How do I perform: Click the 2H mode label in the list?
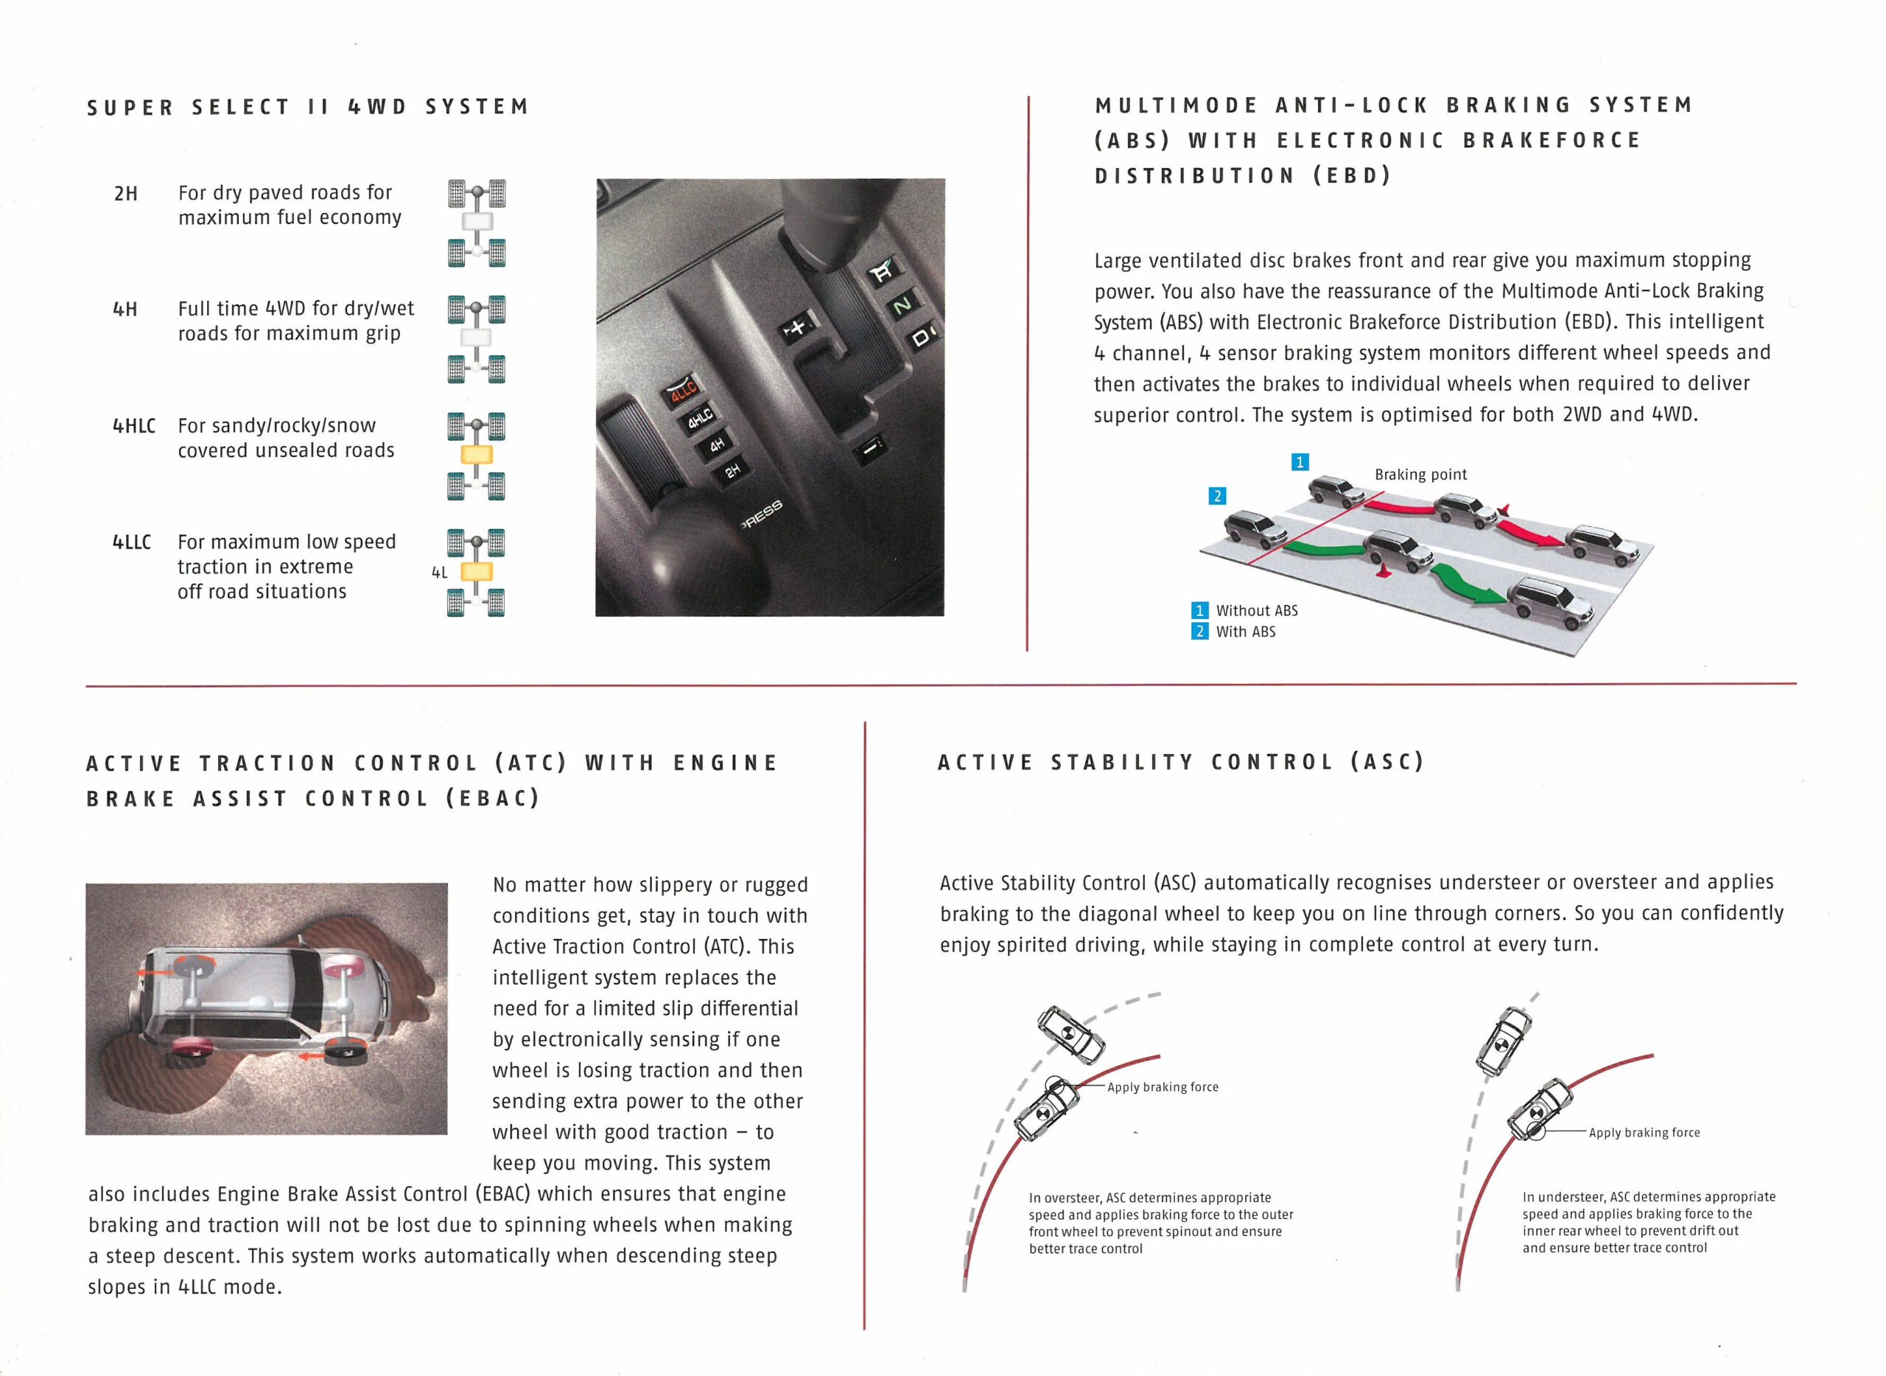point(126,194)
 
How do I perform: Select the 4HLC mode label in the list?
point(134,427)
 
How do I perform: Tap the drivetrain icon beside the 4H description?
point(476,339)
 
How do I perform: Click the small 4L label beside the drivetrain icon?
point(440,572)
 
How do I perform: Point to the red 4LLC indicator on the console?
point(683,390)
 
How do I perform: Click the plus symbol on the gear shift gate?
point(797,326)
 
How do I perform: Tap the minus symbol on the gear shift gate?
point(869,449)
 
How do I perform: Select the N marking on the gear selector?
point(902,305)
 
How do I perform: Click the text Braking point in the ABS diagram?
point(1420,475)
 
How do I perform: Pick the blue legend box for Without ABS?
point(1199,610)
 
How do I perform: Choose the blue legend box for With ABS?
point(1199,632)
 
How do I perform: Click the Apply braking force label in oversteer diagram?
point(1163,1087)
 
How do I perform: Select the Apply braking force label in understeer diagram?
point(1644,1133)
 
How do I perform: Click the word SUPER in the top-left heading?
point(130,108)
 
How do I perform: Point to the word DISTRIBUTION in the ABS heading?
point(1194,175)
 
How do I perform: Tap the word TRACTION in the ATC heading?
point(267,763)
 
